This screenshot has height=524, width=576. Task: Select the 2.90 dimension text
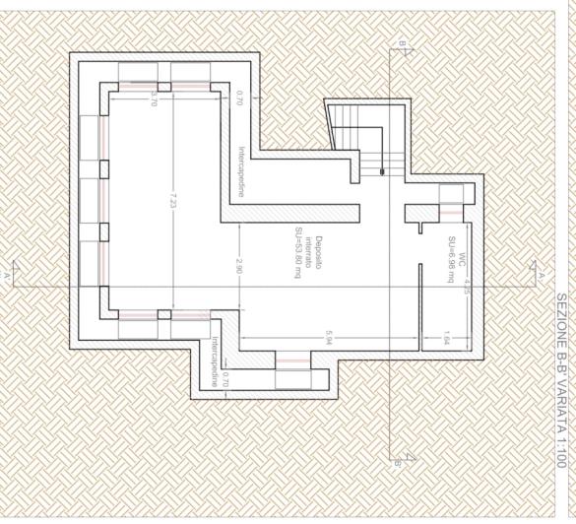tap(239, 265)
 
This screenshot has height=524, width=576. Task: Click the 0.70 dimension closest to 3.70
tap(239, 98)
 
